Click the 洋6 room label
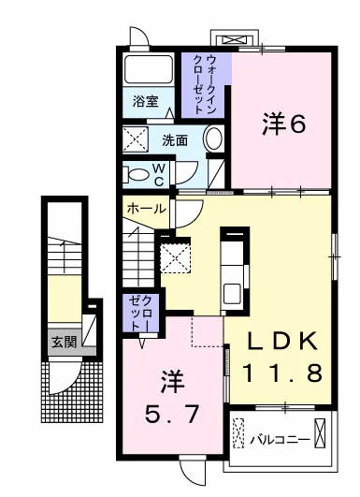pyautogui.click(x=282, y=124)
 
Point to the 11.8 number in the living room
pyautogui.click(x=284, y=373)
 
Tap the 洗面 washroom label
pyautogui.click(x=175, y=140)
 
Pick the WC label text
pyautogui.click(x=160, y=173)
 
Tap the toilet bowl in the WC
pyautogui.click(x=137, y=174)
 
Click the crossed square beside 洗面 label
pyautogui.click(x=137, y=140)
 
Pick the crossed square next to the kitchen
pyautogui.click(x=175, y=256)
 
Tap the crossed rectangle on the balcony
pyautogui.click(x=321, y=435)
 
